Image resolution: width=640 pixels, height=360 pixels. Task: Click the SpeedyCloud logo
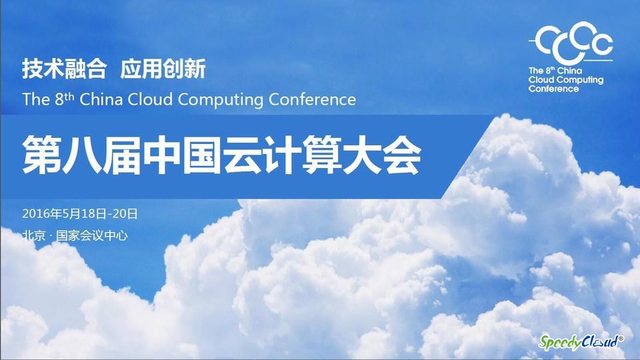[581, 341]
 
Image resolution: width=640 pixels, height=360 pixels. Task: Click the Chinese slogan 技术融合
[64, 69]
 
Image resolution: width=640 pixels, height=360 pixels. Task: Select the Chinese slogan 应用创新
[163, 69]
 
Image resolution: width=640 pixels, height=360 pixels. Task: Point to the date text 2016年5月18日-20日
[80, 213]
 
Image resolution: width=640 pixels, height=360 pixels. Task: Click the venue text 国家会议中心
[92, 235]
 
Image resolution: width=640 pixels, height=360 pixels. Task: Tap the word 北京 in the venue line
[34, 235]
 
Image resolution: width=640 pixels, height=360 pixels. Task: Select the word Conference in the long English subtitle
[312, 99]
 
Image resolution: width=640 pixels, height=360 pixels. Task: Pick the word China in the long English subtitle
[101, 99]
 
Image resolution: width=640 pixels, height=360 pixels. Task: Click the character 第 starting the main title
[41, 155]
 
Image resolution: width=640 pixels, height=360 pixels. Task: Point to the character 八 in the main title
[81, 155]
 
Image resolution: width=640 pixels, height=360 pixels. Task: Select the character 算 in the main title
[322, 155]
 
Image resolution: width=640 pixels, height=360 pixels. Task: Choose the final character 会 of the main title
[402, 155]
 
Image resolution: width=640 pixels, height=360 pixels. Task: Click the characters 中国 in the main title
[181, 155]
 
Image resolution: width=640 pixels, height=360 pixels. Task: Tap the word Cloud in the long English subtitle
[150, 99]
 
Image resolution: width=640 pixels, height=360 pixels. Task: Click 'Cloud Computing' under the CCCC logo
[566, 80]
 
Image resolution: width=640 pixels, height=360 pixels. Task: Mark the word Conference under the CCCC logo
[553, 89]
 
